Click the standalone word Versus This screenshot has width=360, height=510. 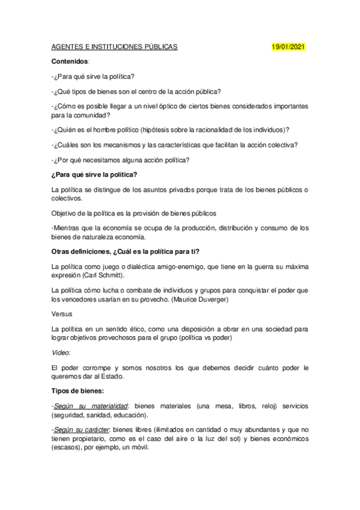62,313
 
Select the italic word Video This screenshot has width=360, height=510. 61,351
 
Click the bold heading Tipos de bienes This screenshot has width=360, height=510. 78,392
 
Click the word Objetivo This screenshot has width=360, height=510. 66,213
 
